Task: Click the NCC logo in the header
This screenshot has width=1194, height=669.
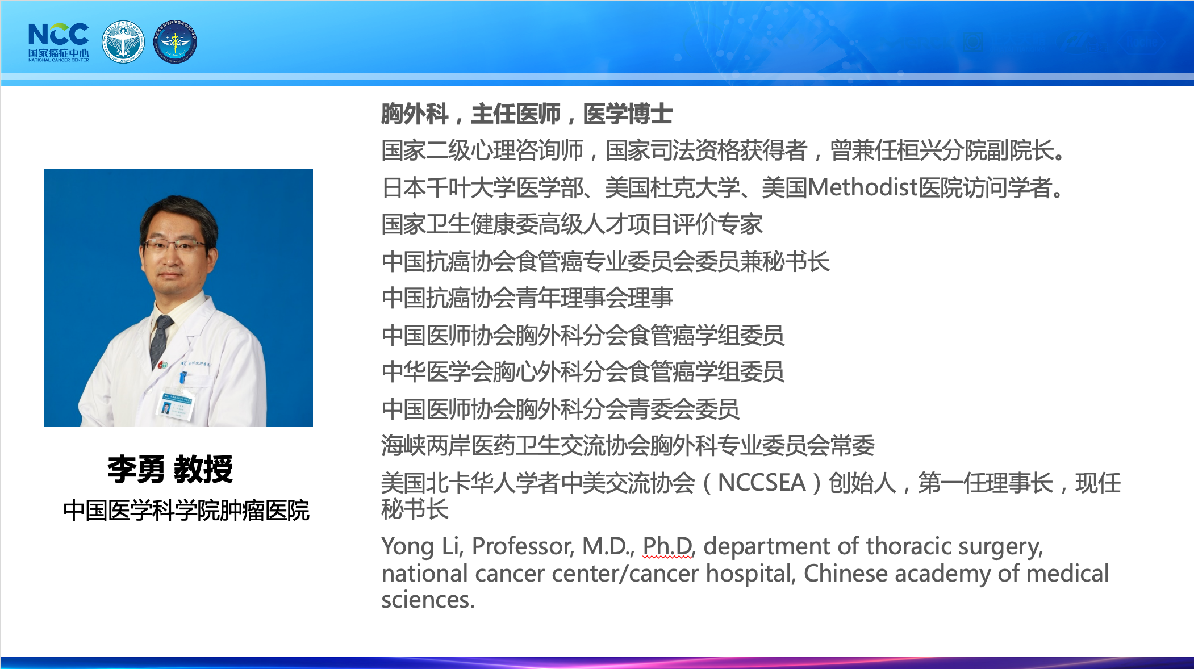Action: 59,42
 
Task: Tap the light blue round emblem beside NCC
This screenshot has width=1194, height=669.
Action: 123,43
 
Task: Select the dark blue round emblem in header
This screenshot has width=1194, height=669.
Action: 176,43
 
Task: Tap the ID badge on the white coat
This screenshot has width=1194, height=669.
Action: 176,404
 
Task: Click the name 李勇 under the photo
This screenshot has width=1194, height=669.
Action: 136,469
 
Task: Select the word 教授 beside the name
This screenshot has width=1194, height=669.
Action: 203,469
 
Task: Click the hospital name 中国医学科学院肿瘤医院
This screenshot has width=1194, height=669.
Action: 186,510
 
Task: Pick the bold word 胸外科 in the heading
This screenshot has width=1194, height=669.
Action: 415,114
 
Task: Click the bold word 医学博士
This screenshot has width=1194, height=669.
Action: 628,114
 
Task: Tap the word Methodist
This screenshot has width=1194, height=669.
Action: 863,187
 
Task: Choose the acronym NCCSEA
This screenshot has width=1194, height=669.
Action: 762,483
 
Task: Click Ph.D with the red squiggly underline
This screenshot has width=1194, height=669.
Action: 667,546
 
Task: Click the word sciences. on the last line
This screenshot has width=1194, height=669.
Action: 428,600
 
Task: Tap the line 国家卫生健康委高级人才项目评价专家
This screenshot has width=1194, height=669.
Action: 572,224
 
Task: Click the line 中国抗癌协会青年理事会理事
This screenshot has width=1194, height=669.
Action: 527,298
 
